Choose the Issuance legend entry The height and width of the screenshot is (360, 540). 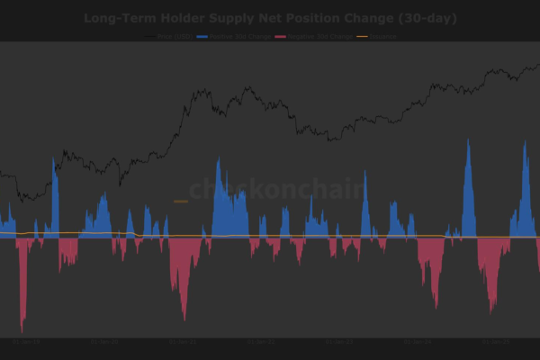click(x=382, y=37)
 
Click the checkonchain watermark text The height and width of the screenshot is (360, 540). click(x=276, y=189)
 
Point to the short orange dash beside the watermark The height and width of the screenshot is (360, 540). click(x=180, y=202)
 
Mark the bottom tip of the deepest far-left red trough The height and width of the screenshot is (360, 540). click(x=22, y=332)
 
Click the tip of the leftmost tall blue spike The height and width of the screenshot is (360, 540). click(x=55, y=158)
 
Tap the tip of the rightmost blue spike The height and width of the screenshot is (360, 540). click(x=527, y=141)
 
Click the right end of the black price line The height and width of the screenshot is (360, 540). click(x=538, y=63)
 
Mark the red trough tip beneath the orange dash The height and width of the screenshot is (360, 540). click(x=184, y=319)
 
